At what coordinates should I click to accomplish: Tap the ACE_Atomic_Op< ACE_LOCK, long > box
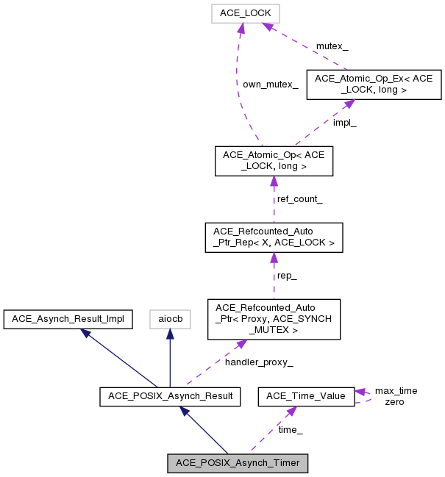coord(274,161)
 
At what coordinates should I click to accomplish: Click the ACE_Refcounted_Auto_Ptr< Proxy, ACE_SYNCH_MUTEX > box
coord(274,318)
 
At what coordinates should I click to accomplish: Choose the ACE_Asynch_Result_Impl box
coord(68,319)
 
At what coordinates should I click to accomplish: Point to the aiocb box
coord(170,319)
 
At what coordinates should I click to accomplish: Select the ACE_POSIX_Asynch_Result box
coord(170,396)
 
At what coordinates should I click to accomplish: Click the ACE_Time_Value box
coord(305,396)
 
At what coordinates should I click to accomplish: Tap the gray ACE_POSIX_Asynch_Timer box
coord(237,463)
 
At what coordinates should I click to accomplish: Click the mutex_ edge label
coord(332,46)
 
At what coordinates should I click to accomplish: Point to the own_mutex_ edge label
coord(271,85)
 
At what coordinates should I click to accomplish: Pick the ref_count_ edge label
coord(299,199)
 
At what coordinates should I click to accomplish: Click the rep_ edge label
coord(286,276)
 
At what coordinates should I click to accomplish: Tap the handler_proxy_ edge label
coord(259,362)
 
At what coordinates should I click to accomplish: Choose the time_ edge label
coord(290,429)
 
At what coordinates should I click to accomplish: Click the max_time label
coord(396,390)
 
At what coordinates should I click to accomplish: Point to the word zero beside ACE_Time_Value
coord(394,401)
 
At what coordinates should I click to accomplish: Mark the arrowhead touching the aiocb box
coord(170,333)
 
